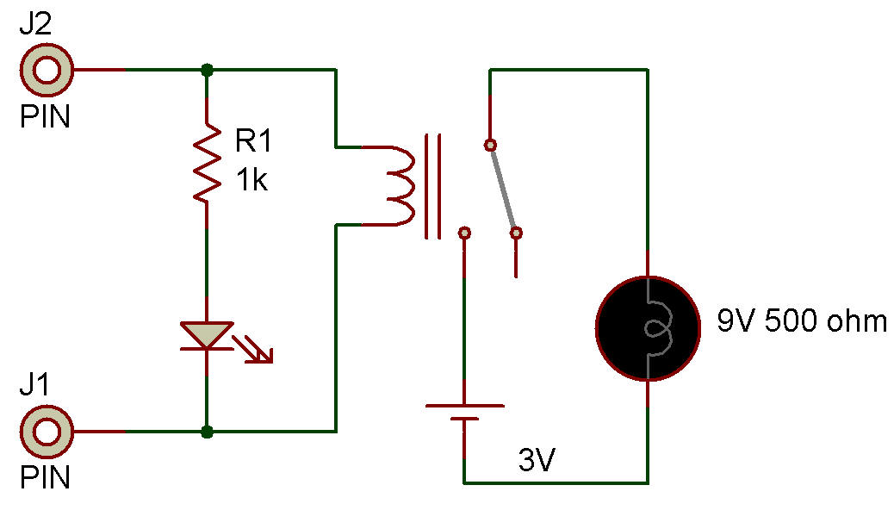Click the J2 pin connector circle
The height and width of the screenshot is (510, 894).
pos(46,69)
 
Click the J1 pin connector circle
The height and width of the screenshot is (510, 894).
pos(46,431)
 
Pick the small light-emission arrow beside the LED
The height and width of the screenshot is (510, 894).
pos(258,351)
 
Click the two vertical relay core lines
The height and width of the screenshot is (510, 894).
pos(432,185)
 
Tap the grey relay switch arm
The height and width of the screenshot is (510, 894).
pos(503,188)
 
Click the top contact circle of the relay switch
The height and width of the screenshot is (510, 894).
pos(490,144)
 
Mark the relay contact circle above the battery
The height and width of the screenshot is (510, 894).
pos(465,233)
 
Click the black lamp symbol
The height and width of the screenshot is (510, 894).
pos(647,327)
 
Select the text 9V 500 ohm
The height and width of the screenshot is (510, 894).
pos(801,322)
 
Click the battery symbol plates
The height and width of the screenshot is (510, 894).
pos(465,411)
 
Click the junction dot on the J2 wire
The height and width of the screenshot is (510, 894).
pos(207,69)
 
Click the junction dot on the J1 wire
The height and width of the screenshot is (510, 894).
pos(207,431)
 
